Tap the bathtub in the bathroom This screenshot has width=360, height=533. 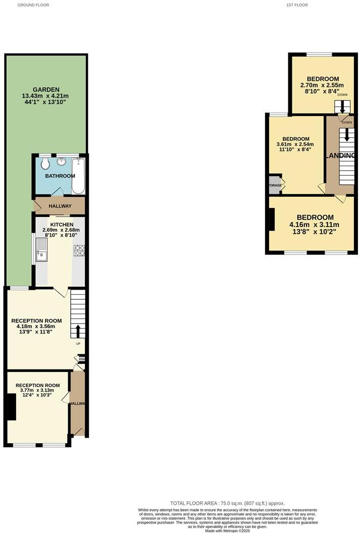pyautogui.click(x=78, y=176)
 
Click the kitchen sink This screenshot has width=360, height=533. pyautogui.click(x=42, y=249)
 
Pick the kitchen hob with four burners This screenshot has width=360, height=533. pyautogui.click(x=79, y=250)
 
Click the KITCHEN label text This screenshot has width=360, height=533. pyautogui.click(x=61, y=225)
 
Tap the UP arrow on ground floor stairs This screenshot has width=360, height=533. pyautogui.click(x=78, y=331)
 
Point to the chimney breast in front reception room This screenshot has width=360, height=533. pyautogui.click(x=11, y=407)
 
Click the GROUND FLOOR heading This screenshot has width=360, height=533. pyautogui.click(x=34, y=5)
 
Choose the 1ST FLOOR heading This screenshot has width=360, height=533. pyautogui.click(x=296, y=5)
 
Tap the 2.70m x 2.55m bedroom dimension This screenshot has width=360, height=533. pyautogui.click(x=322, y=85)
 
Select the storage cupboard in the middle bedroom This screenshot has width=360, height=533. pyautogui.click(x=275, y=185)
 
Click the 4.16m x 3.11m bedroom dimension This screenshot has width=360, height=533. pyautogui.click(x=314, y=225)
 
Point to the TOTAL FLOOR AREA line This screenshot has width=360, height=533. pyautogui.click(x=227, y=503)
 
